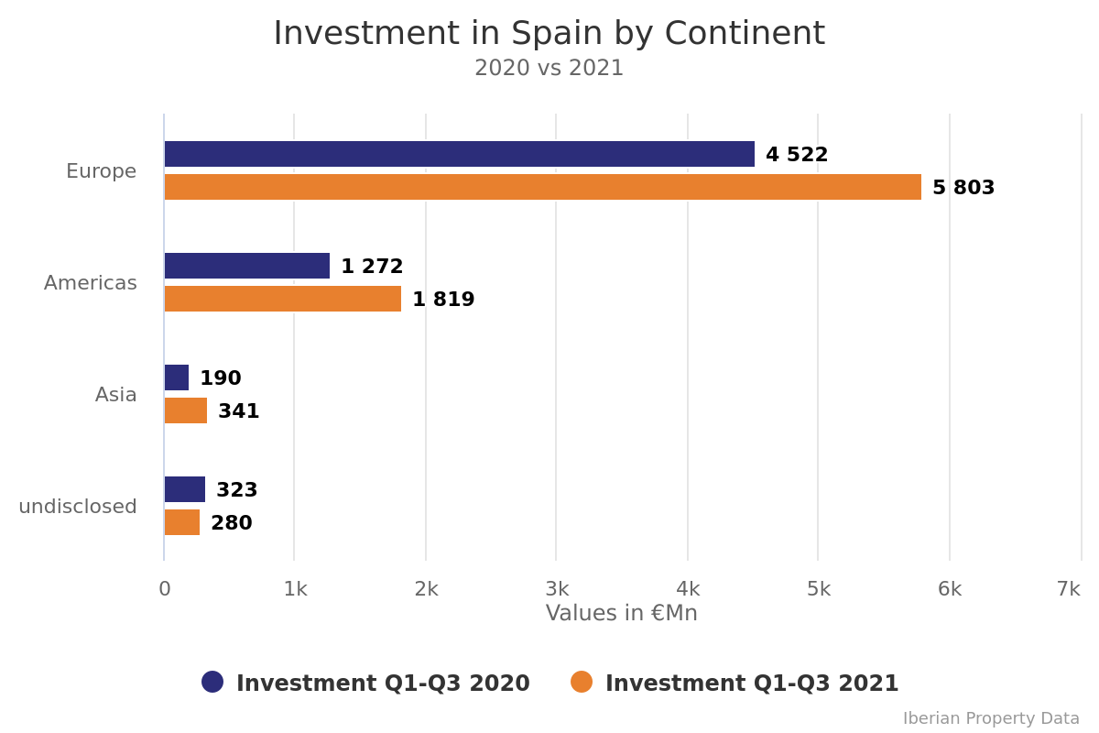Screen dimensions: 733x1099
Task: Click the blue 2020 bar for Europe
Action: pos(459,154)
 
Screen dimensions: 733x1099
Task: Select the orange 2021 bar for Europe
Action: pos(542,187)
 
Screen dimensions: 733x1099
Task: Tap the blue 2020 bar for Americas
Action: pos(246,266)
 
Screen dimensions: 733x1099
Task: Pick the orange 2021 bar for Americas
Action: pos(282,299)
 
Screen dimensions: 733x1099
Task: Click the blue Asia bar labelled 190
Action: pos(176,377)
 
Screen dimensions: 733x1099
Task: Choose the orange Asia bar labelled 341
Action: pos(185,410)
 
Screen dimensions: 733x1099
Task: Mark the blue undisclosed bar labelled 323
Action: pos(184,489)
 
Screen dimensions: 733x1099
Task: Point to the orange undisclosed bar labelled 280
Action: pos(181,522)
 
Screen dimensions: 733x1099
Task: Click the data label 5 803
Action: pos(963,188)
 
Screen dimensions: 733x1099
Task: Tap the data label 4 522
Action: pos(797,155)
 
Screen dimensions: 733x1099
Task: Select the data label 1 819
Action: pos(443,300)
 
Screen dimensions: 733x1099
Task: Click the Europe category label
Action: pos(101,171)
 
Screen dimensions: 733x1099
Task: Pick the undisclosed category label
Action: pos(78,507)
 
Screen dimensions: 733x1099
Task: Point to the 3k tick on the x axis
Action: pos(557,589)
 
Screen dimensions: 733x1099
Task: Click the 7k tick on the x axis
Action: pos(1068,589)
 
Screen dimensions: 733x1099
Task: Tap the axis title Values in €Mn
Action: pos(621,613)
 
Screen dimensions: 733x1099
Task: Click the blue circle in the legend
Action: pos(212,682)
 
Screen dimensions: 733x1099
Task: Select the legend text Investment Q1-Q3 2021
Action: pos(752,684)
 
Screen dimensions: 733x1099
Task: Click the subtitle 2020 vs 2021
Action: pos(549,69)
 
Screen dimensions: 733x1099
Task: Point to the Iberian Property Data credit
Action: pos(991,718)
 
